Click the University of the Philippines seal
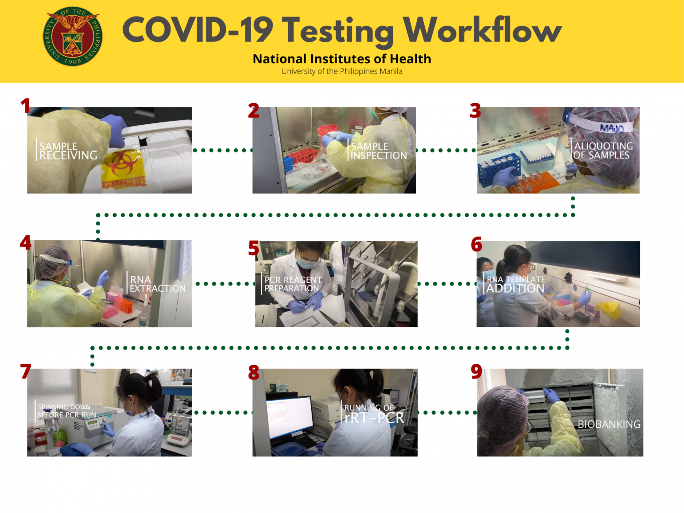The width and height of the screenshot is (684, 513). point(73,37)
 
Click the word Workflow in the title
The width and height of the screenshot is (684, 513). point(482,30)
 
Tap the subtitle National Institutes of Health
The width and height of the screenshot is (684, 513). point(342,59)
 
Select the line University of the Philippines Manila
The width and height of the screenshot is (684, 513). point(342,71)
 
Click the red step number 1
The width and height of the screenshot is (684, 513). point(25,106)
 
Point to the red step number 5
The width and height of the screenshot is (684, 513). point(253,248)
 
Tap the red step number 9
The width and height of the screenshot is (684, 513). point(476,371)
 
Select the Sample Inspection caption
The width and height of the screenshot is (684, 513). point(379,151)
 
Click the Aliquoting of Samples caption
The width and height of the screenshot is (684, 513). point(603,151)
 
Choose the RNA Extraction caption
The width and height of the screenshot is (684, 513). point(157,284)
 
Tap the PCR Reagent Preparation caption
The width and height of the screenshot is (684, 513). point(293,284)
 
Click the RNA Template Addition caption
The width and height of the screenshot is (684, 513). point(515,284)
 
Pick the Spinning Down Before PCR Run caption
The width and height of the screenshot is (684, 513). point(66,411)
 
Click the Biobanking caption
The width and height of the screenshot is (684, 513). point(609,424)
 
